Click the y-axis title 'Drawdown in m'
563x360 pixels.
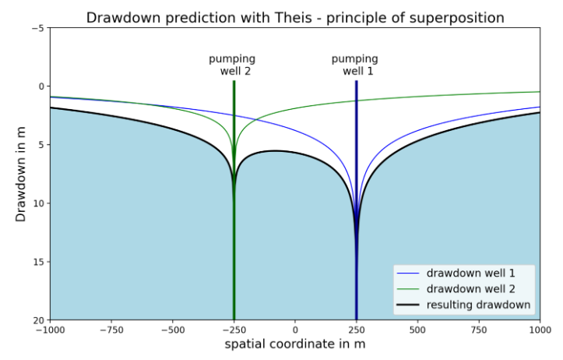click(x=21, y=174)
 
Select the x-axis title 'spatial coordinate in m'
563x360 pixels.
click(x=295, y=344)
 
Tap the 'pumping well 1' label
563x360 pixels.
click(x=355, y=65)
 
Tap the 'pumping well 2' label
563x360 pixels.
click(x=232, y=65)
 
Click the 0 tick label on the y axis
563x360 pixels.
click(x=41, y=86)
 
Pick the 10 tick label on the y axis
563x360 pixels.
click(x=39, y=203)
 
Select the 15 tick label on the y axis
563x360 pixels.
click(x=39, y=262)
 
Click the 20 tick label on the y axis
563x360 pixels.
click(x=39, y=320)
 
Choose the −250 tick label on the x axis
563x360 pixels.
click(x=234, y=330)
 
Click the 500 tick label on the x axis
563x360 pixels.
click(x=417, y=330)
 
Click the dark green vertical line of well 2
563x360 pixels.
click(x=234, y=257)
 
